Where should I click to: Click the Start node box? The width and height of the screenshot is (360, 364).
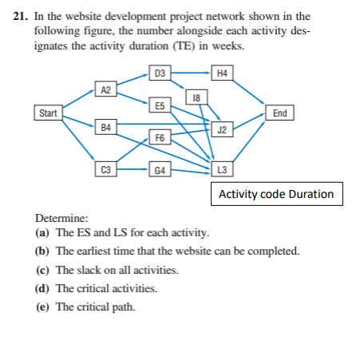pos(48,113)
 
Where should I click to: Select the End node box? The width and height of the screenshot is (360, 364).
pos(280,113)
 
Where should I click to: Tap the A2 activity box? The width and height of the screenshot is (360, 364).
pos(105,89)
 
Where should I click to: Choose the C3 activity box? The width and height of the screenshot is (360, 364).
pos(105,169)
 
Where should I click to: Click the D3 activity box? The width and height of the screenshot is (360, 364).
pos(160,73)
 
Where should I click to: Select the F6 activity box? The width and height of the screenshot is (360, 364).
pos(160,138)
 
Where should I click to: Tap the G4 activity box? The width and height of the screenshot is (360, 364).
pos(160,169)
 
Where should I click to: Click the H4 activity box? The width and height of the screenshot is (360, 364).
pos(222,73)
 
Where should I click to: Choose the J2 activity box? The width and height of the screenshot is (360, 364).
pos(222,129)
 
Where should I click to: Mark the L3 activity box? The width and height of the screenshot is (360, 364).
pos(222,169)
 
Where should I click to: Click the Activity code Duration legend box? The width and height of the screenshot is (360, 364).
pos(276,194)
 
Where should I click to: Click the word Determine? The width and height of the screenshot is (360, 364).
pos(62,216)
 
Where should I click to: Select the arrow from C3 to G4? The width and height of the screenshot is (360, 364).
pos(133,169)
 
